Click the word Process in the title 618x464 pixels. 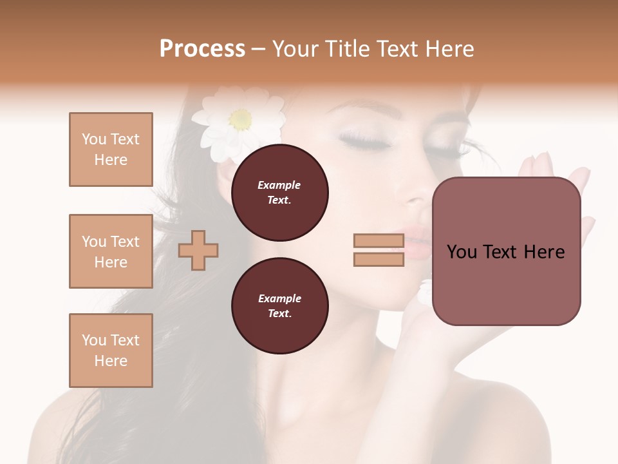click(x=202, y=49)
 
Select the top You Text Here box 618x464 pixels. click(x=111, y=150)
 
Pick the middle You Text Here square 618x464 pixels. click(x=111, y=251)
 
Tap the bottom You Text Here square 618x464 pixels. click(x=111, y=351)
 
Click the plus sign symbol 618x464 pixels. click(x=198, y=250)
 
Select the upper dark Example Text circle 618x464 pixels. click(x=279, y=193)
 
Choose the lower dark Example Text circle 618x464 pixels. click(x=279, y=306)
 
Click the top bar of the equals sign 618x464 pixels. click(x=379, y=241)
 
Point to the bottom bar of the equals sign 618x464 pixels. click(x=379, y=260)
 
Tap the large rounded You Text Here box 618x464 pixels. click(x=506, y=251)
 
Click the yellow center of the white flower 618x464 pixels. click(x=240, y=119)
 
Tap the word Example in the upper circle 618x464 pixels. click(x=279, y=185)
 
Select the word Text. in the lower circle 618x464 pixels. click(x=279, y=314)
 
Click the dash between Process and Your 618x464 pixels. click(x=259, y=49)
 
